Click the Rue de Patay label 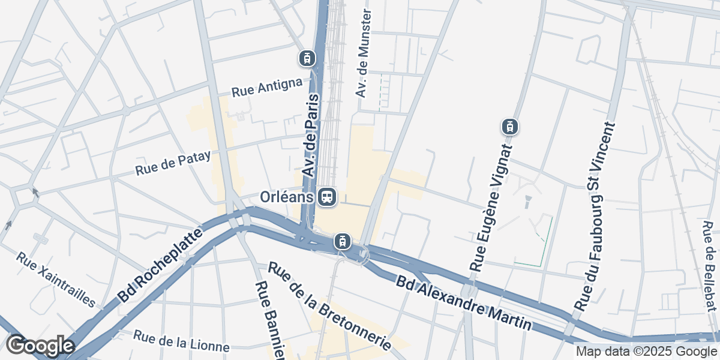pyautogui.click(x=173, y=163)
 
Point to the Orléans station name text pyautogui.click(x=287, y=197)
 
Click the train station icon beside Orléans pyautogui.click(x=327, y=196)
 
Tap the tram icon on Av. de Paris pyautogui.click(x=307, y=58)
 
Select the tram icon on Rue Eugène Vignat pyautogui.click(x=509, y=127)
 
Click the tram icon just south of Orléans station pyautogui.click(x=341, y=241)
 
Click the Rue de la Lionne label pyautogui.click(x=181, y=341)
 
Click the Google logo pyautogui.click(x=40, y=346)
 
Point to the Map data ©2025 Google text pyautogui.click(x=646, y=351)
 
